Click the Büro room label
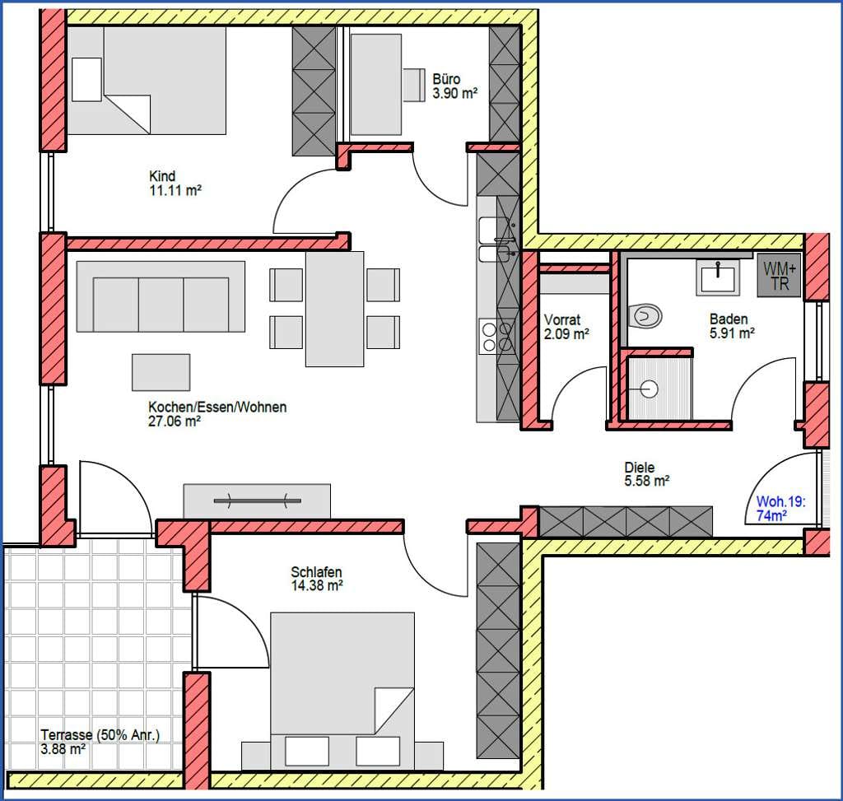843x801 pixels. point(454,86)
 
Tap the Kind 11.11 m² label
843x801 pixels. point(175,183)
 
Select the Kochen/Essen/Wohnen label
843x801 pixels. point(217,414)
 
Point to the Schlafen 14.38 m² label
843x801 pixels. point(317,579)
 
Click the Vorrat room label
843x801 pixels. point(566,327)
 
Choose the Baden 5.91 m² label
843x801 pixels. point(732,326)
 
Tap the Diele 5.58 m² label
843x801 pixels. point(646,474)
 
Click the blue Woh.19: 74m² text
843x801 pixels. point(780,509)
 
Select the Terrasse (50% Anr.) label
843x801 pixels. point(100,742)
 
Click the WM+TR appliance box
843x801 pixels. point(779,276)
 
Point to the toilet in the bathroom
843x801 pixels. point(645,315)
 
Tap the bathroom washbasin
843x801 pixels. point(718,277)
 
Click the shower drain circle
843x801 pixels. point(650,388)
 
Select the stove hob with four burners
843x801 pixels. point(497,337)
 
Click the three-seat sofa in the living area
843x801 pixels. point(161,296)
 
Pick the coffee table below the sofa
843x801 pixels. point(161,372)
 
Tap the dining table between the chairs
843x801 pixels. point(334,309)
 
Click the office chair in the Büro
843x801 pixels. point(414,85)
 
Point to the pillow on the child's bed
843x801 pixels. point(86,80)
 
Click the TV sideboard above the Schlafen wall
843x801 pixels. point(257,501)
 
